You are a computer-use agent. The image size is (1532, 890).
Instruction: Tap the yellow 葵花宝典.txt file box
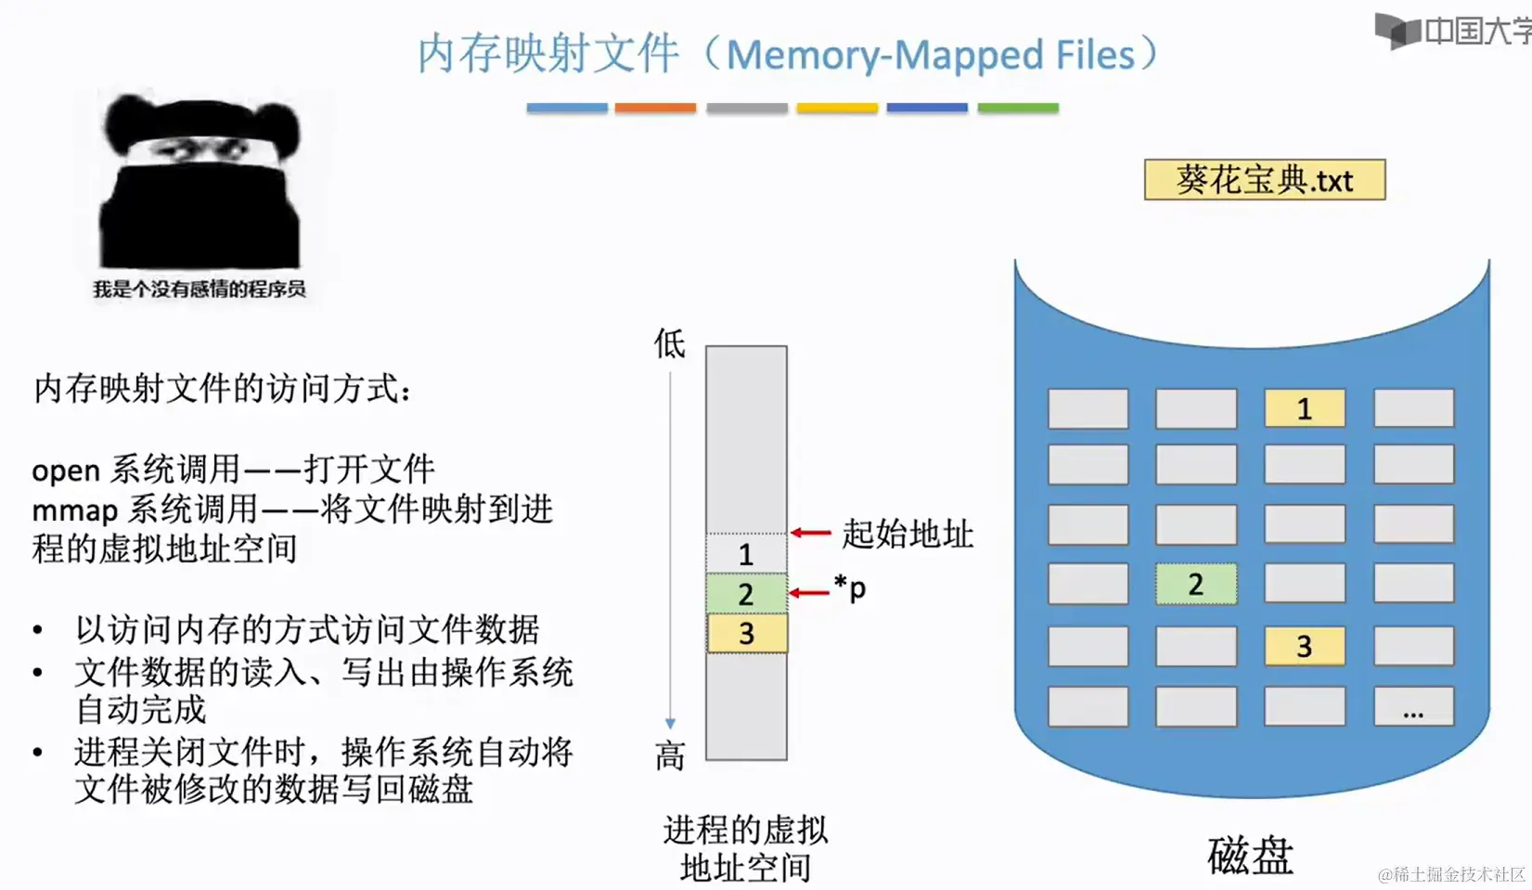1264,180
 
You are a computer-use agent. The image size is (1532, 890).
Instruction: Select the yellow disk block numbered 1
1304,408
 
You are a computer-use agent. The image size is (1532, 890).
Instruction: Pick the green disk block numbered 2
1195,585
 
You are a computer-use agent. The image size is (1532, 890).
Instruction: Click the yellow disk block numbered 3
1304,646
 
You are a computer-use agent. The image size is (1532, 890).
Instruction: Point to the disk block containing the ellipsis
1412,707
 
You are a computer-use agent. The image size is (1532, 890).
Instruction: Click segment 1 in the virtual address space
746,554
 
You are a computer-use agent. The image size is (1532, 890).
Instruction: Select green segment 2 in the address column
746,594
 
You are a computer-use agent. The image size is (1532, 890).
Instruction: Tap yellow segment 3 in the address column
746,634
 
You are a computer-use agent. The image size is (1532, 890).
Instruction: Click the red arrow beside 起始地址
810,533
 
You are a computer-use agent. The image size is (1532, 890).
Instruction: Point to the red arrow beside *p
808,592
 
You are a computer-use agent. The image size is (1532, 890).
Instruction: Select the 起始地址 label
907,534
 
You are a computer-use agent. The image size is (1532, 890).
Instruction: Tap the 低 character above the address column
669,344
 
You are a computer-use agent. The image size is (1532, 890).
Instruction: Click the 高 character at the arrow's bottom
669,755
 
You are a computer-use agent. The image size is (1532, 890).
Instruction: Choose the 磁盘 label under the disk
1250,856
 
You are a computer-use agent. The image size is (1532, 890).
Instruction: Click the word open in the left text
65,471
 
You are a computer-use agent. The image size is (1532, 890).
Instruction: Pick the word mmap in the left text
74,510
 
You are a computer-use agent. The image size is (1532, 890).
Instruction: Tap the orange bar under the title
655,109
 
